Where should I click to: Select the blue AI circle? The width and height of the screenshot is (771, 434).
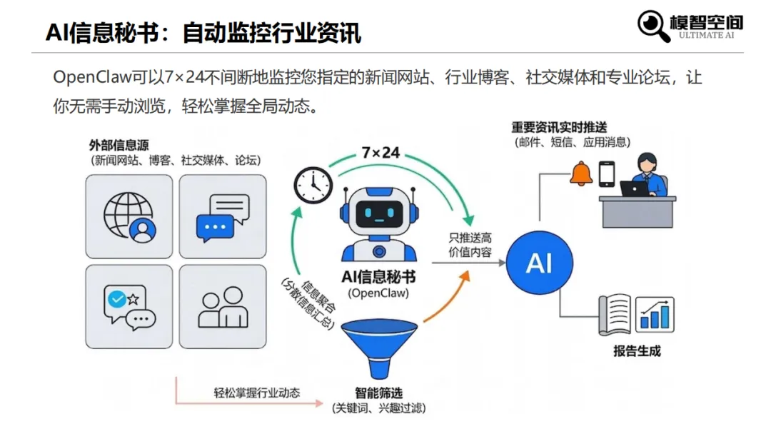[539, 263]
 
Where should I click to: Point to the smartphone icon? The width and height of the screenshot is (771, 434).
[606, 173]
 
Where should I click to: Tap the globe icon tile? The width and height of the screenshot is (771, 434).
[129, 217]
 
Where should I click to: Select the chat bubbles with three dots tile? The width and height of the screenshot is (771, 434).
[222, 217]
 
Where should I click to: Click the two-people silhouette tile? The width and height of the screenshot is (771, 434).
[222, 308]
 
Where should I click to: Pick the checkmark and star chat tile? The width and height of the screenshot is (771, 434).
[129, 308]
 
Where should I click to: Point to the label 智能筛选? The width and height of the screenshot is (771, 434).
[378, 393]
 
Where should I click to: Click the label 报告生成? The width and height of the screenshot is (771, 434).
[637, 350]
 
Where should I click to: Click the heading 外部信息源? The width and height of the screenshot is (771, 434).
[119, 146]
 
